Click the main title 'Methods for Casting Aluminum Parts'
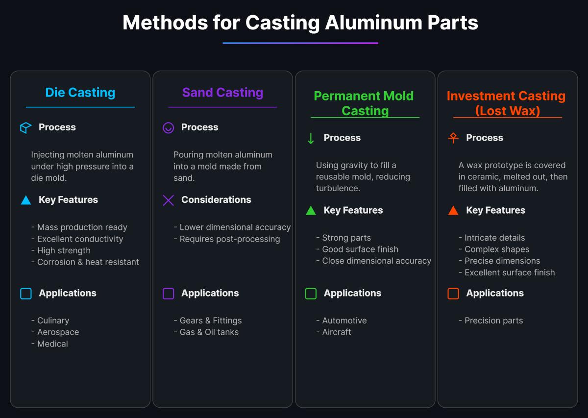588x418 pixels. click(x=300, y=23)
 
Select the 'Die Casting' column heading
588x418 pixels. click(x=80, y=93)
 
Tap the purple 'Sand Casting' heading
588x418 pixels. click(x=222, y=93)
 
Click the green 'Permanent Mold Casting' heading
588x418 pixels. click(x=364, y=103)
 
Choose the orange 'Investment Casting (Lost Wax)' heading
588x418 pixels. click(x=506, y=103)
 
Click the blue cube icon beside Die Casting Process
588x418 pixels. click(x=25, y=128)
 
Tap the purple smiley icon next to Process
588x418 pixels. click(x=168, y=128)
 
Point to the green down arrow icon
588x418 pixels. click(x=311, y=138)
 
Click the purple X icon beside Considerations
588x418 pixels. click(x=168, y=200)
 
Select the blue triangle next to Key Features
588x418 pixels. click(x=25, y=200)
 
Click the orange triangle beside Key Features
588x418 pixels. click(x=453, y=211)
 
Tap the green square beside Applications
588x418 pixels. click(x=311, y=294)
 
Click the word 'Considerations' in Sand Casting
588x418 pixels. click(x=216, y=200)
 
